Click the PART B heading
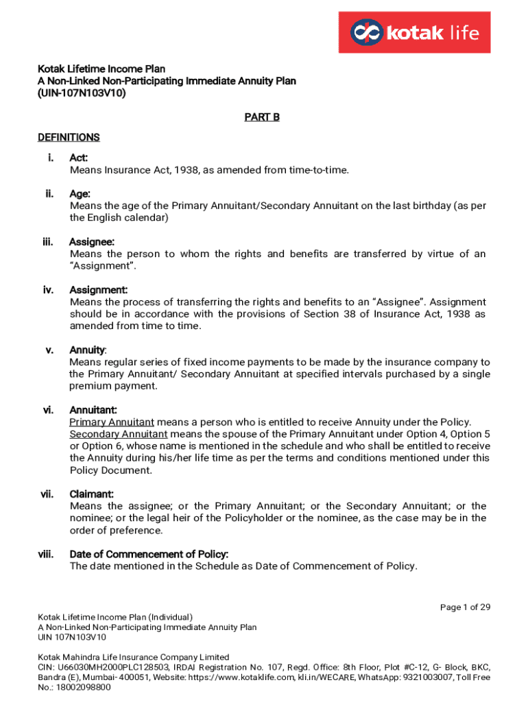(x=262, y=117)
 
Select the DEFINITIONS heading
(x=69, y=137)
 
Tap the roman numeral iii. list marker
(x=48, y=241)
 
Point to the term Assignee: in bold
(x=92, y=241)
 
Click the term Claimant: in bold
(x=92, y=494)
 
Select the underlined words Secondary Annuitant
(x=119, y=434)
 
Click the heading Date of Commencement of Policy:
(x=149, y=554)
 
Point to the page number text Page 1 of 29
(x=465, y=607)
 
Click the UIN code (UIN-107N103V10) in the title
(x=82, y=93)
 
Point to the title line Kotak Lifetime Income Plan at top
(x=101, y=69)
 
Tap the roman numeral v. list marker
(x=49, y=350)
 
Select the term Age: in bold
(x=80, y=194)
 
